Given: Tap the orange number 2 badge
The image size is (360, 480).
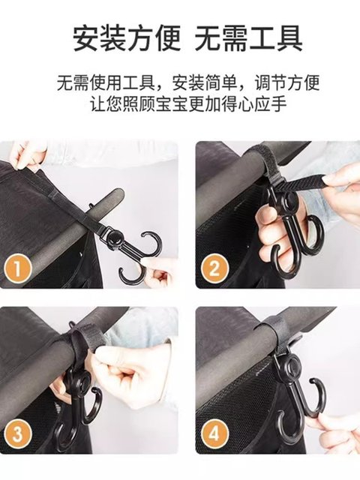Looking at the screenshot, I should click(214, 268).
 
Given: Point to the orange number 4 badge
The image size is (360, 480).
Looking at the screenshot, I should click(214, 433).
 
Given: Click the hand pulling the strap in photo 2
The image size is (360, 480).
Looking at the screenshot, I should click(341, 191).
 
